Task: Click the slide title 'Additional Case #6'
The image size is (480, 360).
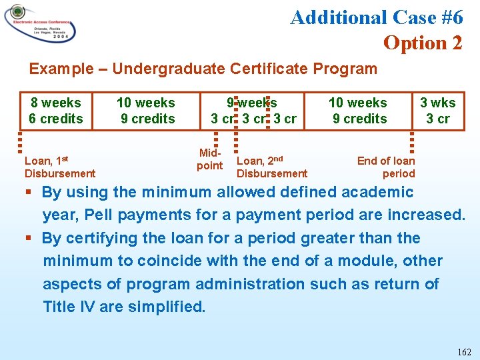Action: [376, 17]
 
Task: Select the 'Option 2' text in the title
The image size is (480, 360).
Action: [422, 43]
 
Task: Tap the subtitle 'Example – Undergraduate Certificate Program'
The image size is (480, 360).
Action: [203, 69]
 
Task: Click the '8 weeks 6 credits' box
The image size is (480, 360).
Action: [55, 111]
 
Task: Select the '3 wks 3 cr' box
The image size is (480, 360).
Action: [437, 111]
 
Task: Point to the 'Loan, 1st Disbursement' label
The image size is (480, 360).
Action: [59, 167]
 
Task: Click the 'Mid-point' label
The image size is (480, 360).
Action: [209, 159]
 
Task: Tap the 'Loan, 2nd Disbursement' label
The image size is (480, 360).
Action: [271, 167]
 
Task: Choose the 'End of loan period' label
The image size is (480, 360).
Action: [387, 167]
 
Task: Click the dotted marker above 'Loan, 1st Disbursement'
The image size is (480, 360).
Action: [21, 141]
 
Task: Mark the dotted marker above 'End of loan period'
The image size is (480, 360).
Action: [412, 141]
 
